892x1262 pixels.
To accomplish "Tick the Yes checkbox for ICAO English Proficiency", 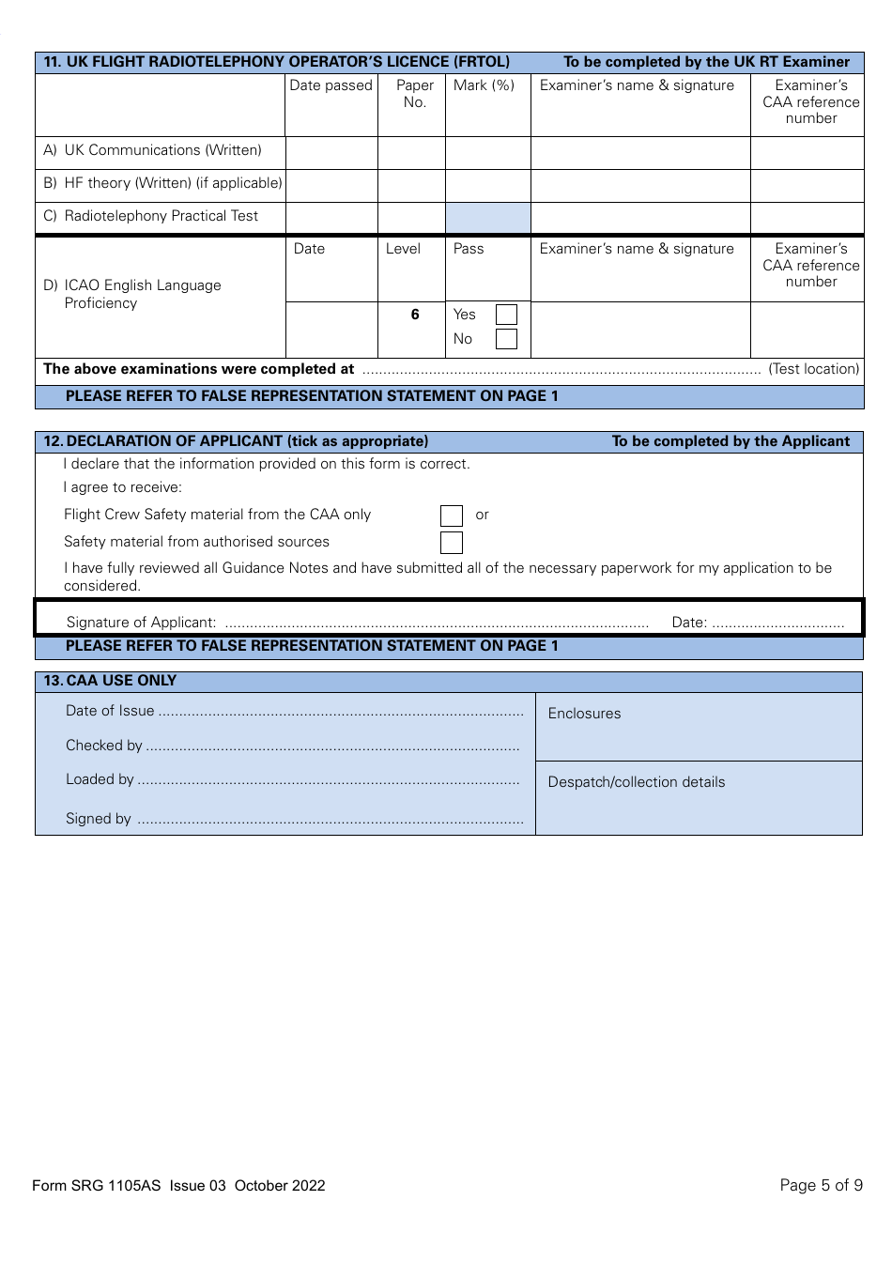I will (x=506, y=315).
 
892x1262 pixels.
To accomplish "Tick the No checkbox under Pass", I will (x=506, y=339).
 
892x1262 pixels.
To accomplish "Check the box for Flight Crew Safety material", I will (x=452, y=516).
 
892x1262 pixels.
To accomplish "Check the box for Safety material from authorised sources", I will (x=452, y=543).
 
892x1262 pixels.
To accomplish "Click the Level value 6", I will (x=414, y=315).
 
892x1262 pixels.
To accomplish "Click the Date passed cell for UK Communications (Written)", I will (x=331, y=152).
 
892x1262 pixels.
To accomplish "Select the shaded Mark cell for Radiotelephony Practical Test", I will (x=487, y=218).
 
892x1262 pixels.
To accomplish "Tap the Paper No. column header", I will (x=414, y=94).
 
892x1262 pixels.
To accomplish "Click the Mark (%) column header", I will (x=484, y=85).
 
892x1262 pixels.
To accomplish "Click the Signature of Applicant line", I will (x=437, y=623).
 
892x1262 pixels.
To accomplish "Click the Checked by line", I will (x=332, y=746).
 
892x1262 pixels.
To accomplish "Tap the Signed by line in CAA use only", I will (x=330, y=820).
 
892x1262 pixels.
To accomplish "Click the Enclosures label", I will (x=584, y=714).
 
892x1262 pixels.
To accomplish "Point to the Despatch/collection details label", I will (x=636, y=782).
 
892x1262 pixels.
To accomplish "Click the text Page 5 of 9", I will (x=821, y=1185).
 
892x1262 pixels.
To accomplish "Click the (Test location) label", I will (x=813, y=369).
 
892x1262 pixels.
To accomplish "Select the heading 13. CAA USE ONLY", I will (x=110, y=681).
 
